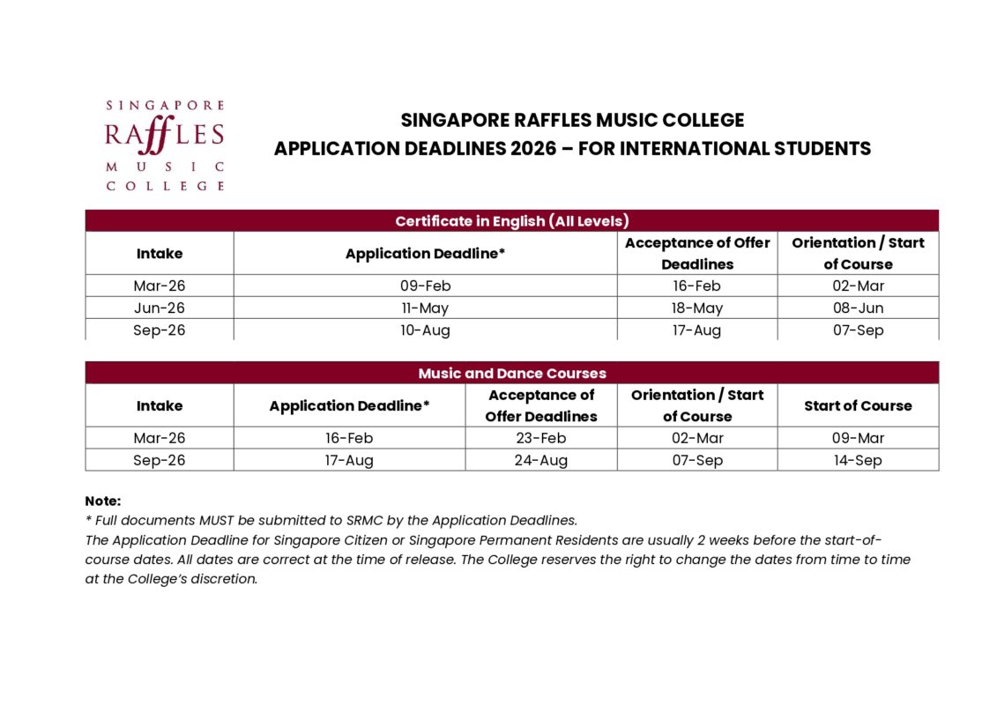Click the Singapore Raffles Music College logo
tap(165, 145)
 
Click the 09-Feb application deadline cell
tap(425, 286)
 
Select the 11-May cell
tap(425, 308)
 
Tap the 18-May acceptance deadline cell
tap(696, 308)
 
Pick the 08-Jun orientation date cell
tap(858, 308)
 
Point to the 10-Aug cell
tap(425, 330)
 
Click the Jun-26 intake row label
tap(160, 308)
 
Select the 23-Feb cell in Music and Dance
tap(540, 438)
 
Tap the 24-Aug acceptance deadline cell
tap(540, 460)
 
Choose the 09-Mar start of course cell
tap(858, 438)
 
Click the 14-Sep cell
tap(858, 460)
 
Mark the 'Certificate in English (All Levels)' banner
tap(511, 221)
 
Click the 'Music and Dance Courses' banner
tap(511, 374)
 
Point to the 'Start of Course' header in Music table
tap(858, 405)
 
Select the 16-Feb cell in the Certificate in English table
tap(696, 286)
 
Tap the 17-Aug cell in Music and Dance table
tap(349, 460)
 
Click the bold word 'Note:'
tap(103, 501)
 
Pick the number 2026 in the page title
tap(532, 148)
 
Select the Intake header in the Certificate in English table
tap(160, 254)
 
